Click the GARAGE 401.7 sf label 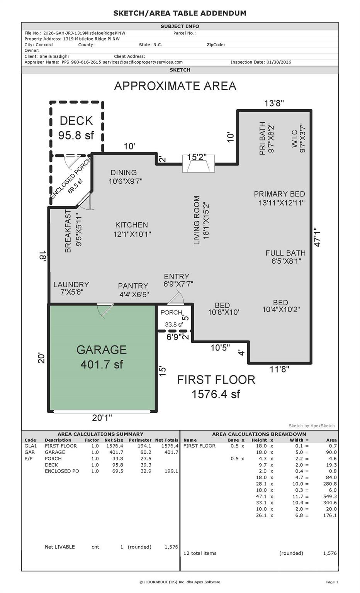(x=102, y=357)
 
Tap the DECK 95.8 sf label (x=76, y=128)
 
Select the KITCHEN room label (x=132, y=230)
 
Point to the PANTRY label (x=133, y=290)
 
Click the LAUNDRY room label (x=71, y=288)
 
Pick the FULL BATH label (x=285, y=257)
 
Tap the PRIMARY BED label (x=280, y=198)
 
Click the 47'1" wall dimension (x=318, y=237)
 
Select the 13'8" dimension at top (x=274, y=103)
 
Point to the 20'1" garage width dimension (x=102, y=418)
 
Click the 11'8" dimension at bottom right (x=279, y=369)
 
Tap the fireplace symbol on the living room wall (x=199, y=164)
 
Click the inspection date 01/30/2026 (x=278, y=62)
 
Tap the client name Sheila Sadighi (x=54, y=56)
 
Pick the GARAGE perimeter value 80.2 (x=146, y=452)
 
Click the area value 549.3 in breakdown (x=330, y=496)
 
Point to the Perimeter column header (x=140, y=440)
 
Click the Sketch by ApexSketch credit (x=311, y=426)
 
